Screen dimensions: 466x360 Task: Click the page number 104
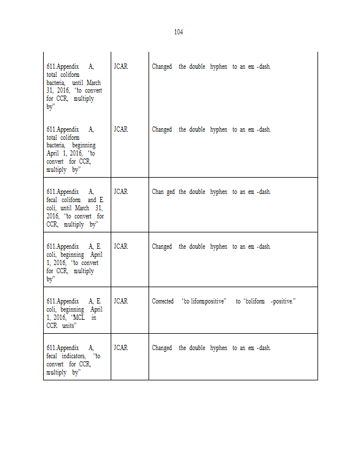(178, 32)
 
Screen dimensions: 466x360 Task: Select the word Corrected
(163, 301)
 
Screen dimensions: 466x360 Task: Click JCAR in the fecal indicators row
(121, 348)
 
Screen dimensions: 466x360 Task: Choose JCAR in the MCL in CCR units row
(121, 301)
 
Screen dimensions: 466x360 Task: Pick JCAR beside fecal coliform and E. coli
(121, 192)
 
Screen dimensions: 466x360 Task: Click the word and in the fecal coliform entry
(91, 200)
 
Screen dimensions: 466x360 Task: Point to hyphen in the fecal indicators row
(218, 348)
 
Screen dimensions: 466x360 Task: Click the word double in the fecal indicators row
(197, 348)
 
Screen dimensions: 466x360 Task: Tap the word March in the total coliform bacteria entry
(94, 83)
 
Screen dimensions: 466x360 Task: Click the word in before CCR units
(94, 317)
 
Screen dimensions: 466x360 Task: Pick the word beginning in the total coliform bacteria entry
(84, 145)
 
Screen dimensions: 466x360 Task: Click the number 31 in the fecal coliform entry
(99, 208)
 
